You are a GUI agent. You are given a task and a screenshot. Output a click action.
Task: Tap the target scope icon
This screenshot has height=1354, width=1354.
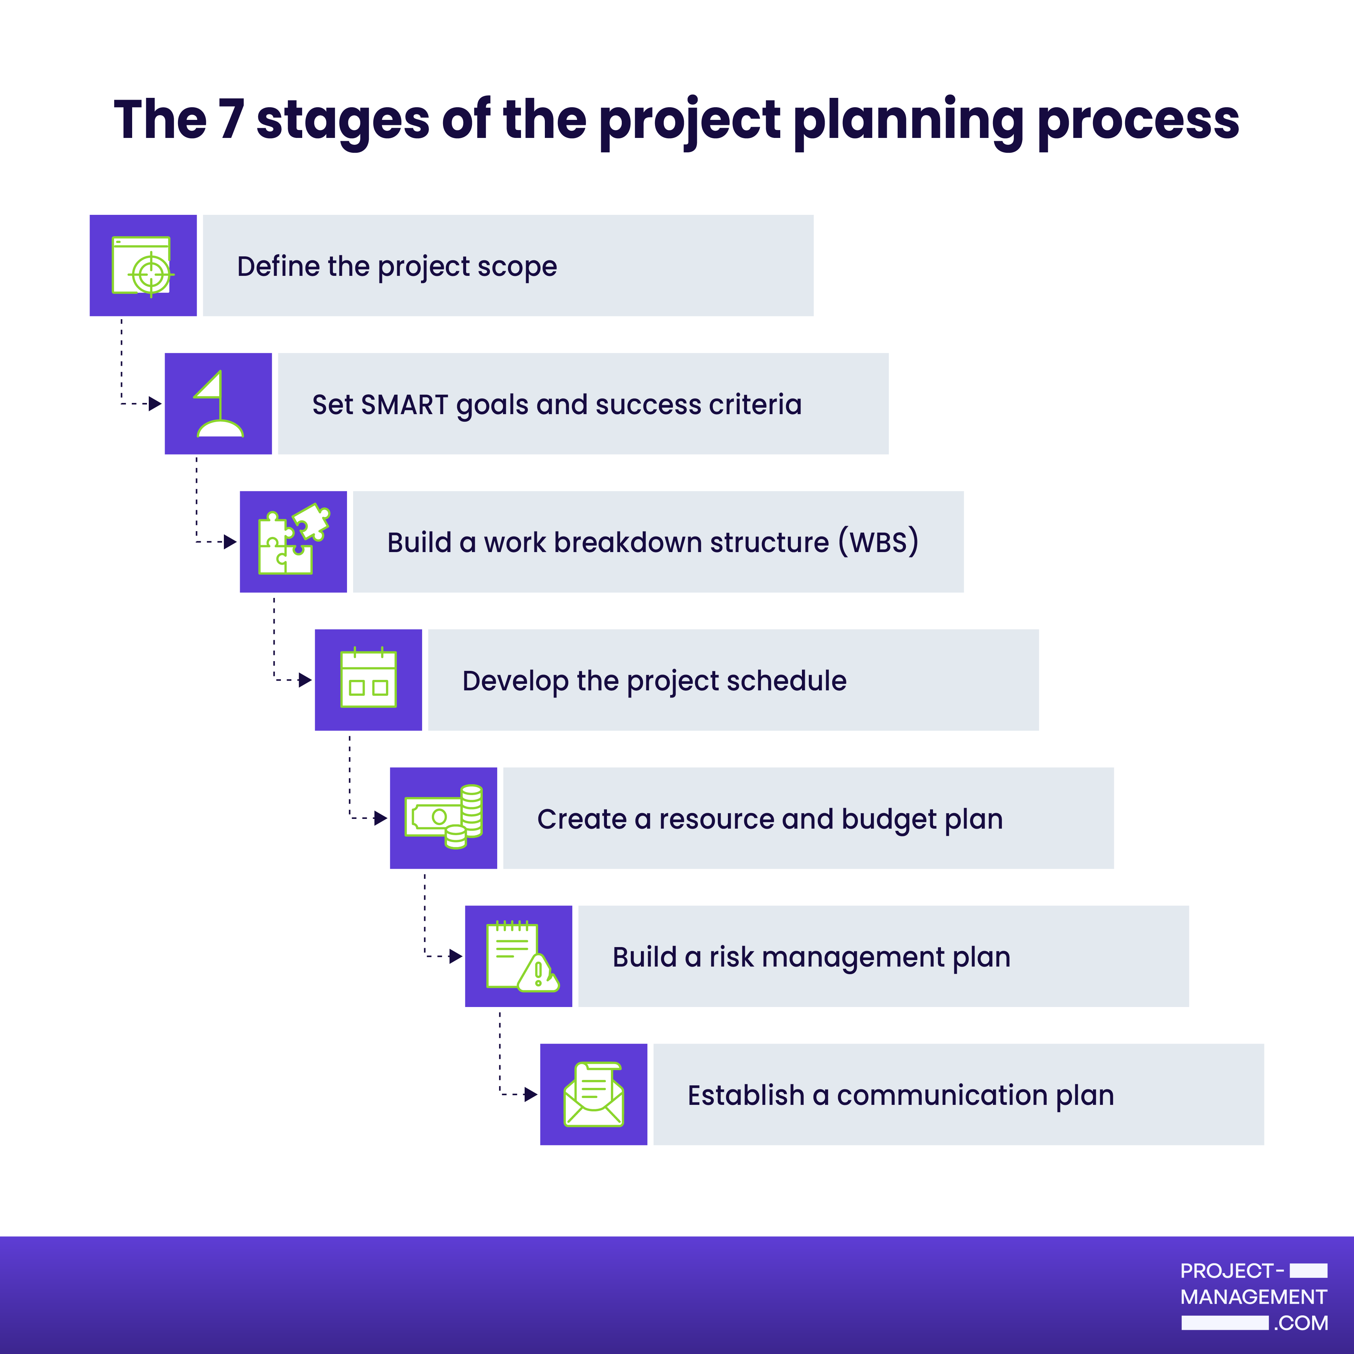point(143,266)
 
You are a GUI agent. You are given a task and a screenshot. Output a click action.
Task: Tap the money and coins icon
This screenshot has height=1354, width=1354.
point(444,816)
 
